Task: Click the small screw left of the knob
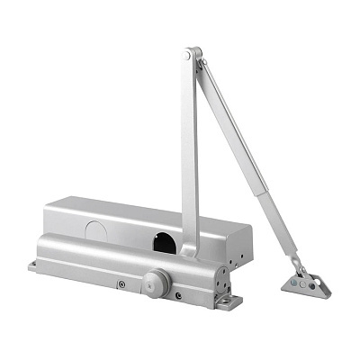click(121, 286)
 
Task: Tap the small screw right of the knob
click(179, 296)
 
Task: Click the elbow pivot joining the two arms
click(186, 56)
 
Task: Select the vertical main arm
click(189, 153)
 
